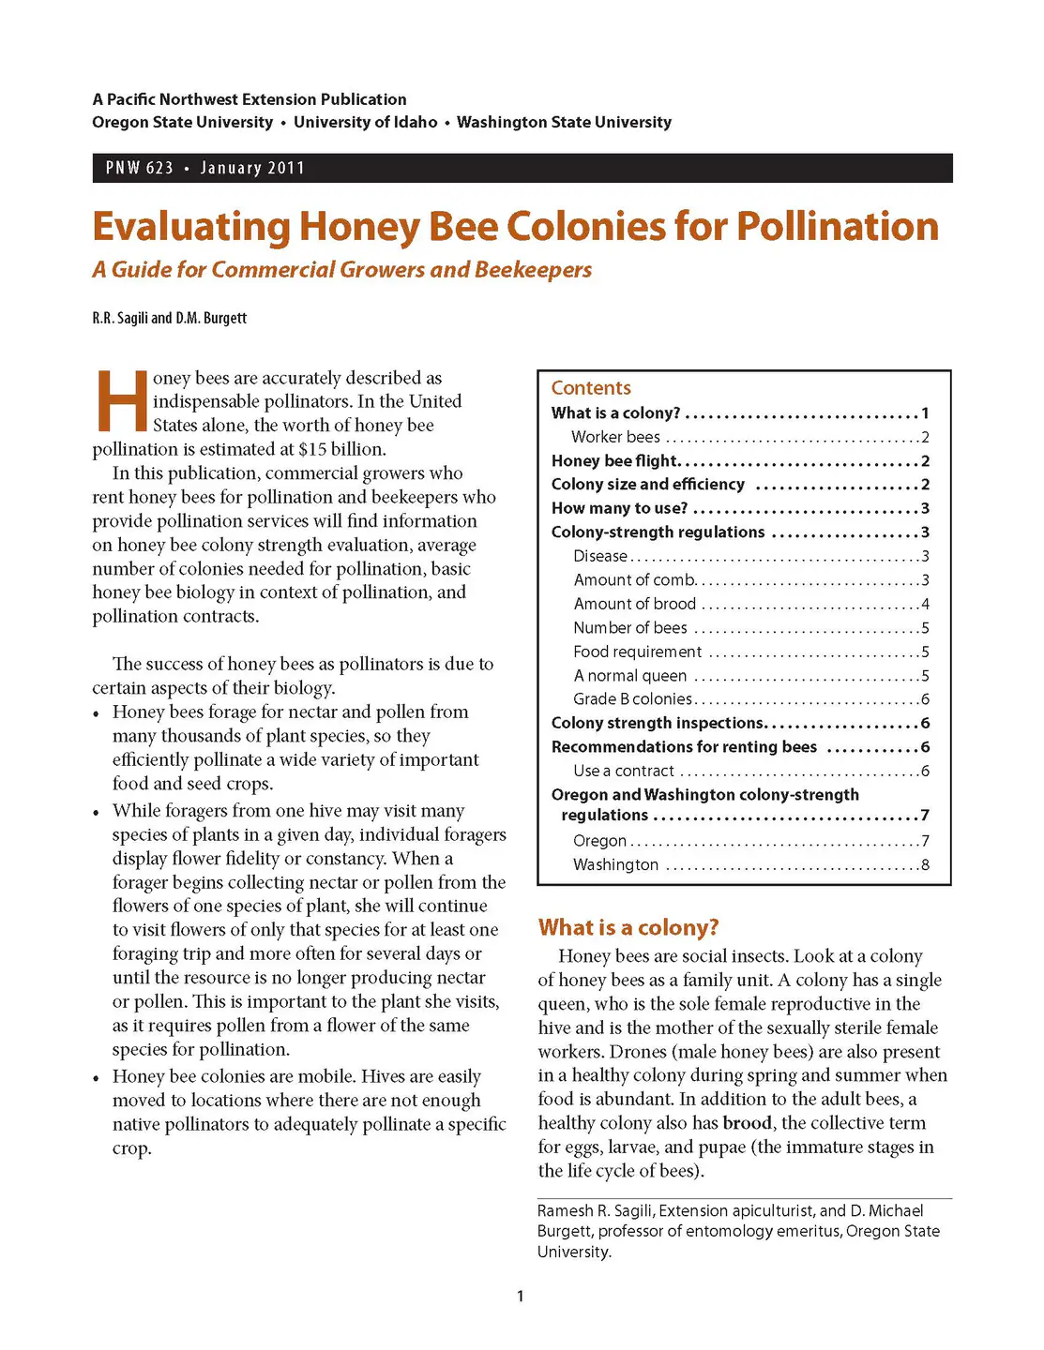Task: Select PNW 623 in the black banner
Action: click(x=139, y=168)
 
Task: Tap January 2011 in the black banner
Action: click(x=252, y=168)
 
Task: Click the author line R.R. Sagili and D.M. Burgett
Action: click(x=169, y=318)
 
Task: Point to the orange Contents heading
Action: click(x=591, y=388)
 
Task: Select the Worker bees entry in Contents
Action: click(x=616, y=437)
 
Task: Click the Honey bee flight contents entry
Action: click(x=615, y=460)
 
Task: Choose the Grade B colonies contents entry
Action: click(x=633, y=699)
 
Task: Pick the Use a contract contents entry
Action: click(x=624, y=771)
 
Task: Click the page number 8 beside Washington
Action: click(x=925, y=864)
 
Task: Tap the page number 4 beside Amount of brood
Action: click(x=925, y=604)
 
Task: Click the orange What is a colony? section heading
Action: click(x=628, y=927)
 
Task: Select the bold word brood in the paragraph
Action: click(x=748, y=1123)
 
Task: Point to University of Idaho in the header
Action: click(x=365, y=122)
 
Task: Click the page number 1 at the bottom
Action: click(x=521, y=1297)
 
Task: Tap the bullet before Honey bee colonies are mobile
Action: click(x=97, y=1078)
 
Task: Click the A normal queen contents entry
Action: click(x=630, y=676)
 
